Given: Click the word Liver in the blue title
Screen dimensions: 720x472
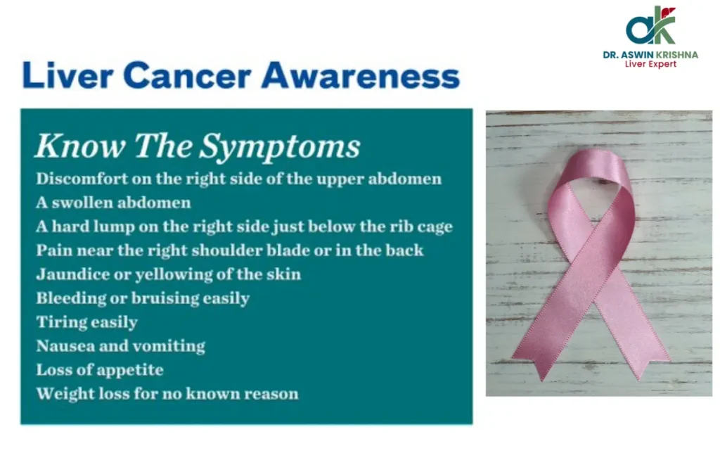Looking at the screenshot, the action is (x=67, y=75).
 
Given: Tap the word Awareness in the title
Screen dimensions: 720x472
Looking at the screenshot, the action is (x=361, y=75).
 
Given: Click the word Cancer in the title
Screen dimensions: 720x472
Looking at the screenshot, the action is (x=187, y=75).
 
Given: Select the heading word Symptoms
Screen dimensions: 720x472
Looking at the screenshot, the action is (x=280, y=147).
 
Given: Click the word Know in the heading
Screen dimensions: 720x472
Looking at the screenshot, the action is (x=81, y=146).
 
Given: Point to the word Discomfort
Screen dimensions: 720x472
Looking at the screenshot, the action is (x=82, y=179).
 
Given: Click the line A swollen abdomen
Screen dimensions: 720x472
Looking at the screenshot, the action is (x=113, y=202).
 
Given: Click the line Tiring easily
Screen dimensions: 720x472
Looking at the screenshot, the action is (x=86, y=322).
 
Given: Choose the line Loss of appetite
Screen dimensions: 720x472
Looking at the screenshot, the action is (x=100, y=370).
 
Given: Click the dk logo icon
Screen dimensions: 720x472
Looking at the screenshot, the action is (x=650, y=26).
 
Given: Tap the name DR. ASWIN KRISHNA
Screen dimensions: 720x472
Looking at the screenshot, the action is (x=650, y=55).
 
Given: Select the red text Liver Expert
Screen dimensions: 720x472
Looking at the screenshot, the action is (x=650, y=64).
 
